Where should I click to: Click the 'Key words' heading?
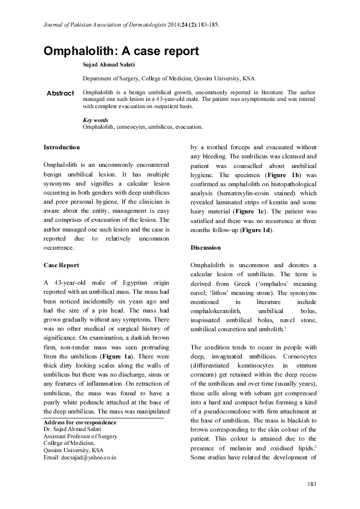[95, 120]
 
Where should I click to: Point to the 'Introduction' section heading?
[62, 147]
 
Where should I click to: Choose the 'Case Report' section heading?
[61, 265]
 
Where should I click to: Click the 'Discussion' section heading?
[206, 248]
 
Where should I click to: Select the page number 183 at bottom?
[312, 483]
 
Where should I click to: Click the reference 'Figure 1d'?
[254, 231]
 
